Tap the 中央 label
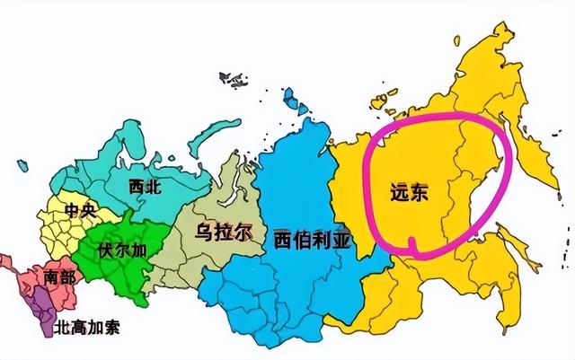point(79,212)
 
